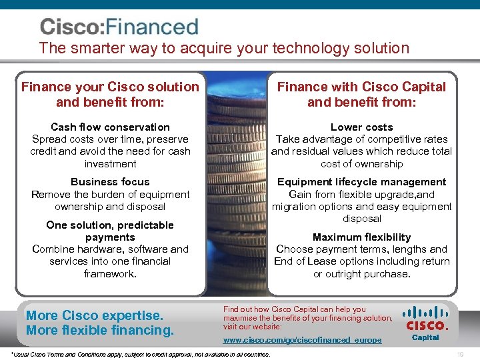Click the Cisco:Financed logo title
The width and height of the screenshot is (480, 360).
[x=119, y=27]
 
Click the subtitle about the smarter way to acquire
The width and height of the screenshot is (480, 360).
[x=224, y=48]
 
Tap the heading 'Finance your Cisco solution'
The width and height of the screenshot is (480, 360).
[x=110, y=87]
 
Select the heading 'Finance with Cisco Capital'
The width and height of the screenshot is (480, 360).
[x=361, y=87]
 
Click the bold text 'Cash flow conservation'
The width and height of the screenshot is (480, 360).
[x=110, y=127]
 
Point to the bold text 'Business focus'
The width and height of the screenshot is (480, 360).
[x=110, y=181]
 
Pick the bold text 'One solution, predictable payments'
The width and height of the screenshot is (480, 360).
[x=110, y=231]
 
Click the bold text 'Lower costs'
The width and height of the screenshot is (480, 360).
[x=361, y=127]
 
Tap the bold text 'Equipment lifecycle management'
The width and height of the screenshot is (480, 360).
[x=361, y=181]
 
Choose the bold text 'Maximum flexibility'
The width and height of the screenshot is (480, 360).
[x=361, y=237]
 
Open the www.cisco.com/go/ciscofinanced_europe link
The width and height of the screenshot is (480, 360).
[x=302, y=340]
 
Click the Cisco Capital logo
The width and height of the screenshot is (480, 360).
[x=426, y=322]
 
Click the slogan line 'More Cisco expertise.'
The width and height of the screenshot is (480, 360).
[x=94, y=315]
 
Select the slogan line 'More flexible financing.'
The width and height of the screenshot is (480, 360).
[x=100, y=330]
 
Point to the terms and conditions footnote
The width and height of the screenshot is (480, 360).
[x=141, y=354]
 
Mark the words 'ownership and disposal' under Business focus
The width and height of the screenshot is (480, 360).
[x=110, y=206]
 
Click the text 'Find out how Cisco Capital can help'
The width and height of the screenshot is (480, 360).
[x=294, y=309]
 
